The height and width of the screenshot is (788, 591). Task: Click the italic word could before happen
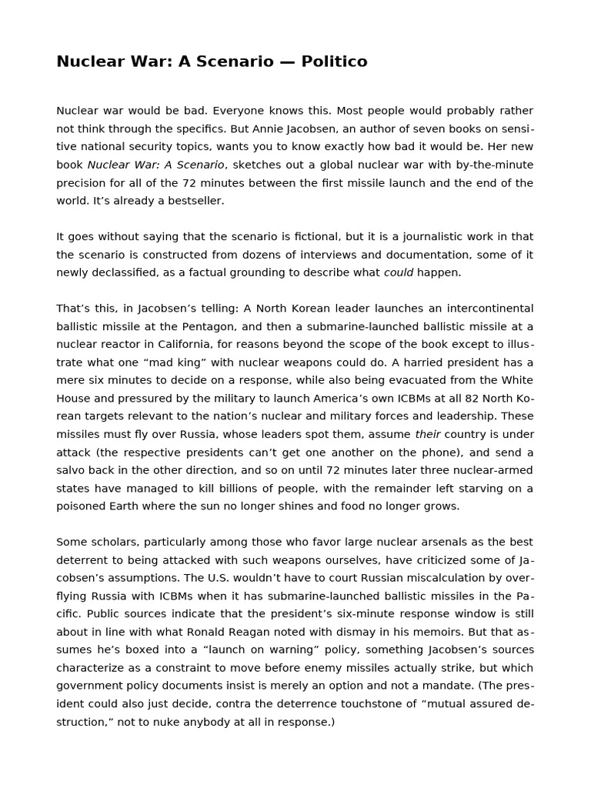click(x=399, y=272)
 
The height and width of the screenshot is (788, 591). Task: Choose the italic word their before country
click(x=427, y=434)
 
